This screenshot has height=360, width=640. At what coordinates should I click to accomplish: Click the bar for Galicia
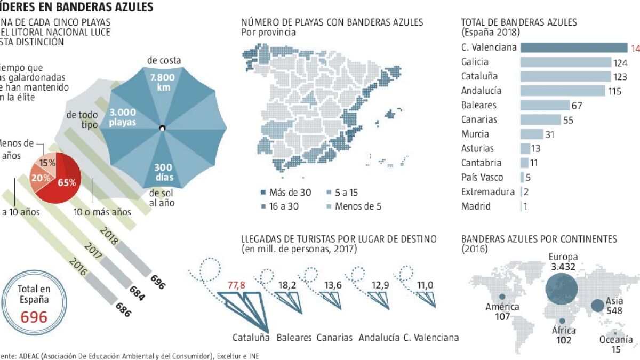(x=565, y=62)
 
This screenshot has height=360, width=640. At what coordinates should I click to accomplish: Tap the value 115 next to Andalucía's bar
(x=614, y=91)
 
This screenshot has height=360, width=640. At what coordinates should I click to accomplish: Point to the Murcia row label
(x=475, y=134)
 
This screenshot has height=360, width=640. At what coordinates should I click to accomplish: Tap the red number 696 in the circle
(x=34, y=317)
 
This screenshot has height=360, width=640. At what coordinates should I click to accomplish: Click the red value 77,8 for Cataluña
(x=235, y=285)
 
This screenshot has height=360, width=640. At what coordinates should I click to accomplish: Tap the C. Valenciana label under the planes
(x=431, y=338)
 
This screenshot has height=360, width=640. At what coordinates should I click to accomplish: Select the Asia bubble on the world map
(x=598, y=306)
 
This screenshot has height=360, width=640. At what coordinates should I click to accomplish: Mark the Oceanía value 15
(x=616, y=349)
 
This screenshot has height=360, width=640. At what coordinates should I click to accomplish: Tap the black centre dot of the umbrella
(x=162, y=127)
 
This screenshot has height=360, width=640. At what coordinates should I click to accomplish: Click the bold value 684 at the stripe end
(x=138, y=292)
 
